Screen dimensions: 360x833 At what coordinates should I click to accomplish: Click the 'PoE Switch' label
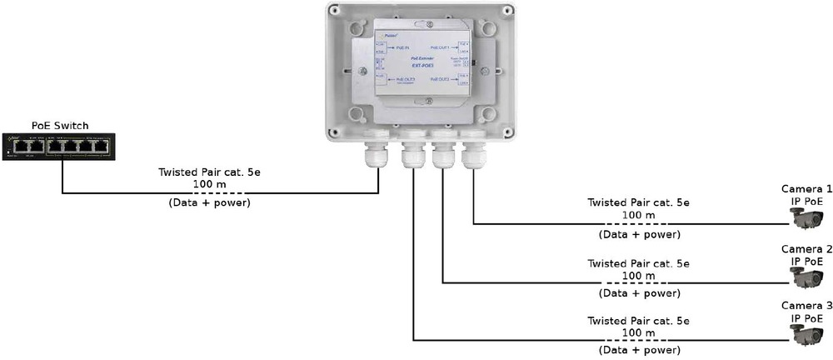(x=60, y=126)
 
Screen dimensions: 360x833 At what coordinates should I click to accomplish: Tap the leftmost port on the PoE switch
(x=20, y=146)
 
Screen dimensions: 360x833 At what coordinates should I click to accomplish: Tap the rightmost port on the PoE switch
(x=102, y=146)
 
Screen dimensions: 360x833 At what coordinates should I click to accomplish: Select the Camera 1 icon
(x=806, y=217)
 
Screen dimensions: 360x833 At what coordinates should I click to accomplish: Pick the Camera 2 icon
(x=806, y=277)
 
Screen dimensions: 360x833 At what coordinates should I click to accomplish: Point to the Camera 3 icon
(x=806, y=333)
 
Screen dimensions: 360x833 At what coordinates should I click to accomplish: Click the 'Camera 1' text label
(x=806, y=189)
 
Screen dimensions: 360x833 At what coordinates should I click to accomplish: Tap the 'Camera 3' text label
(x=806, y=305)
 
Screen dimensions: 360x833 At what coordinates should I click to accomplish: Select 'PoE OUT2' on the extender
(x=440, y=79)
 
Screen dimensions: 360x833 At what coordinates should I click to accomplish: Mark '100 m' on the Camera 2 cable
(x=638, y=276)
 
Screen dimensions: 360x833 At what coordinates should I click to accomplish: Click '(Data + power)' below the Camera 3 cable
(x=638, y=351)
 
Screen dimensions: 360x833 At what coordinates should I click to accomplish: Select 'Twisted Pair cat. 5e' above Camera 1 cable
(x=638, y=202)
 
